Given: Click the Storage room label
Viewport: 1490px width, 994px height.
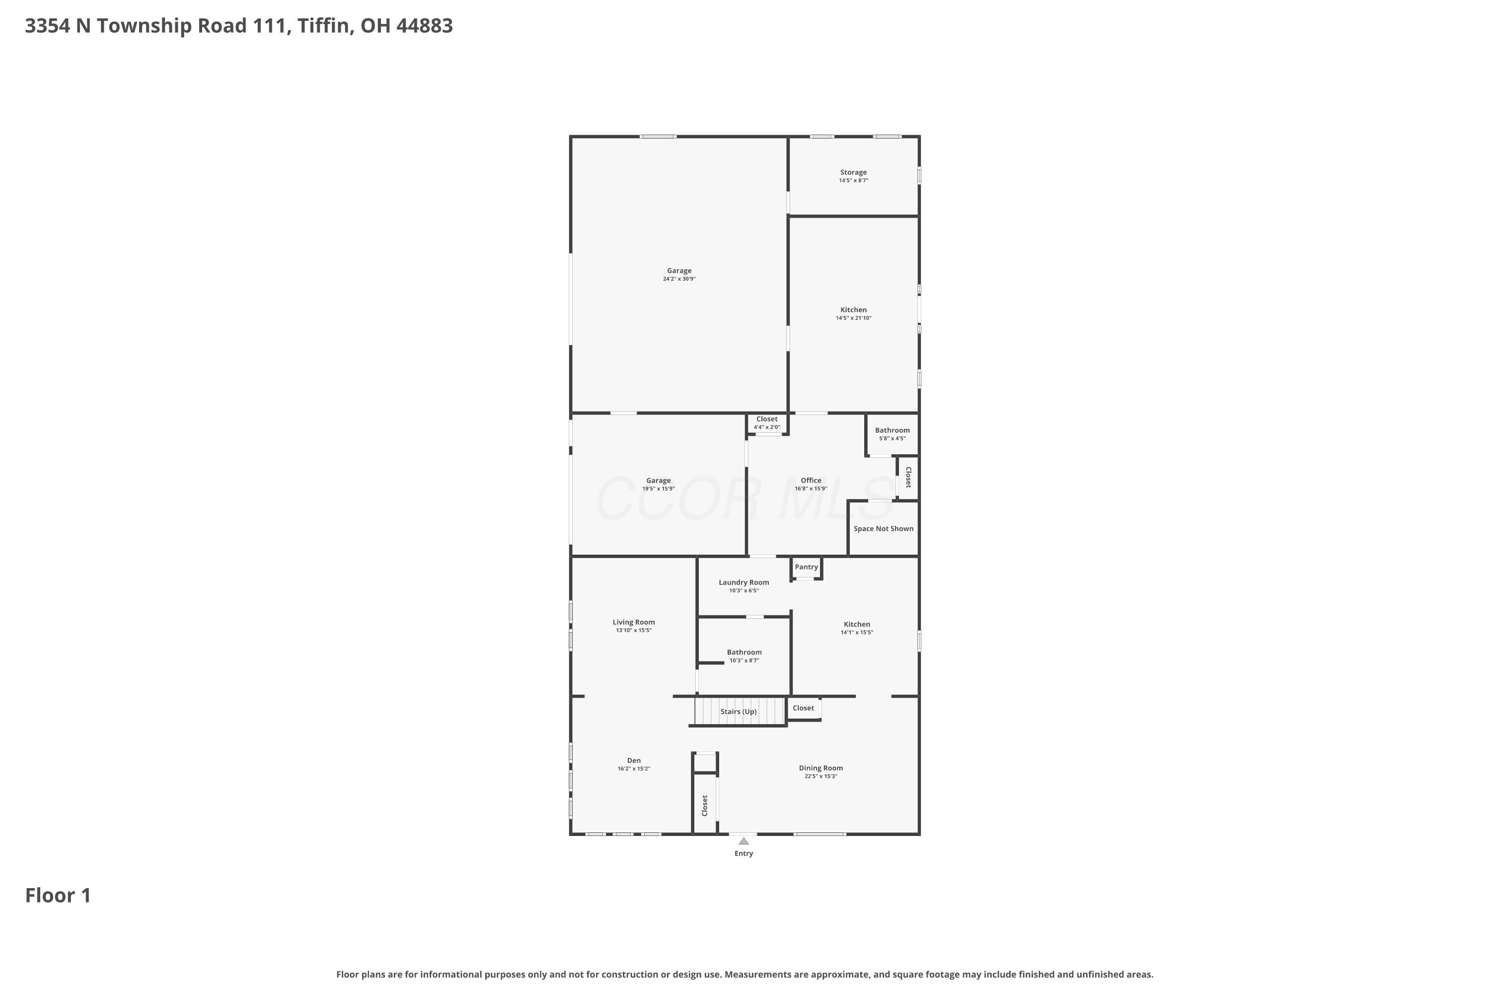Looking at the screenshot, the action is point(853,172).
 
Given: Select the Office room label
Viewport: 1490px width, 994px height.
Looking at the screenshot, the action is point(811,481).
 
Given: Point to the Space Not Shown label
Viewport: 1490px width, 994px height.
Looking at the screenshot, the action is point(883,529).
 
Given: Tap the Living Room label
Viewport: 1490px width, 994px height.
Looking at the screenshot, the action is point(634,623).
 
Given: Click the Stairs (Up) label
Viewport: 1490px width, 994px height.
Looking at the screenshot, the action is point(739,712).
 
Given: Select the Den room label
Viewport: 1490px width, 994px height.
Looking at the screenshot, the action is point(634,761).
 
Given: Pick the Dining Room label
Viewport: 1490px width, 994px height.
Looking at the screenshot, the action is point(821,768).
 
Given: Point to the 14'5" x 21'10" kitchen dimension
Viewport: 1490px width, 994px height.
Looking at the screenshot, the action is point(853,318).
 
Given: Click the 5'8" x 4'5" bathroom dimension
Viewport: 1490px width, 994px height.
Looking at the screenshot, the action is point(892,439).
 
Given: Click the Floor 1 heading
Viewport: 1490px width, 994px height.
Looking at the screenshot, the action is point(58,896).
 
